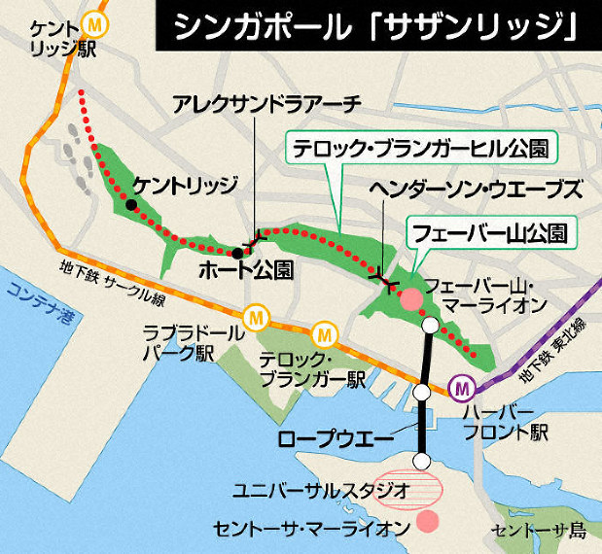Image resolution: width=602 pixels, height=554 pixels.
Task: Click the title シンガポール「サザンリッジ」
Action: click(x=373, y=29)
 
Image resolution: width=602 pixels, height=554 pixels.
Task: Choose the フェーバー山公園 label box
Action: click(x=489, y=232)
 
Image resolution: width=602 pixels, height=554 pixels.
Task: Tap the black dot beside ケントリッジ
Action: click(x=131, y=205)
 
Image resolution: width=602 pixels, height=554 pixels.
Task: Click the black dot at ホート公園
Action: click(x=237, y=254)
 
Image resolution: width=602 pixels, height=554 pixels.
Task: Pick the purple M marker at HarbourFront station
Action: click(x=463, y=389)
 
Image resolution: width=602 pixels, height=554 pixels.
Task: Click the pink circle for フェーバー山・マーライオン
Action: click(x=412, y=300)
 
